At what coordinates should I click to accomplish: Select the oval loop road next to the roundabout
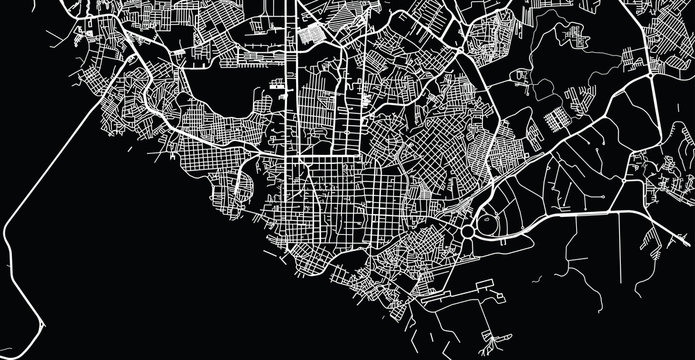493,222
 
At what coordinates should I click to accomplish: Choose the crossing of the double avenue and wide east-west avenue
297,157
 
